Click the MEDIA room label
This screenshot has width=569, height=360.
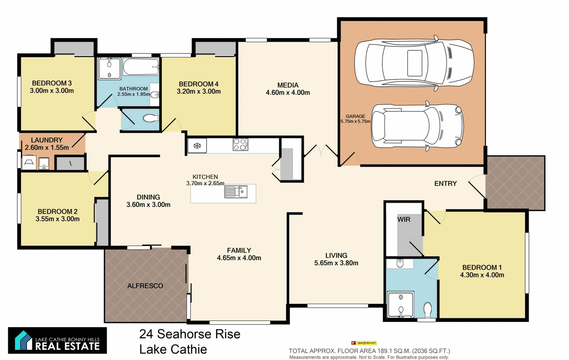[x=288, y=85]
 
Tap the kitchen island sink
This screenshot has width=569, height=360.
[x=236, y=192]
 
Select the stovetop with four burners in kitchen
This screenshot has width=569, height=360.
[x=240, y=145]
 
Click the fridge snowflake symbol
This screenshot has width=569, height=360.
[x=197, y=145]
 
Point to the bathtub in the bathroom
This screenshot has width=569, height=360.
[x=141, y=67]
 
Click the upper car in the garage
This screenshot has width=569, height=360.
[x=414, y=63]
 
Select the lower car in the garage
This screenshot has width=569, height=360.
[x=417, y=126]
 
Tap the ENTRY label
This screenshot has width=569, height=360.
[x=445, y=184]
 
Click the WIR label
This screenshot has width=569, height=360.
[x=404, y=219]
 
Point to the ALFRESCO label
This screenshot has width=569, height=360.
[x=145, y=286]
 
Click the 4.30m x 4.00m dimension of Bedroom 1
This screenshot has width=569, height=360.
[x=482, y=275]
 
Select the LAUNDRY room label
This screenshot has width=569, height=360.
[x=47, y=140]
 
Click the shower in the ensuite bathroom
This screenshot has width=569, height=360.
[x=401, y=305]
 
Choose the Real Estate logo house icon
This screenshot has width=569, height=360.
[x=23, y=340]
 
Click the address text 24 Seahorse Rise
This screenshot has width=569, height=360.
[x=190, y=334]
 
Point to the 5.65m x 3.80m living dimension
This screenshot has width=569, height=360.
[x=336, y=263]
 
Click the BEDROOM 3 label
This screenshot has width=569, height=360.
[x=52, y=83]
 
